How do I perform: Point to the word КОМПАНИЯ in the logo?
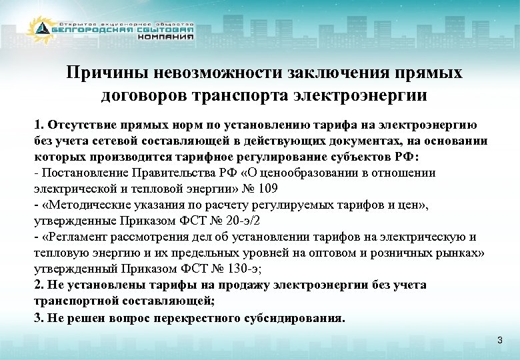166,37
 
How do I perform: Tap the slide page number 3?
499,341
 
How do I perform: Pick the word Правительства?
177,173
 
